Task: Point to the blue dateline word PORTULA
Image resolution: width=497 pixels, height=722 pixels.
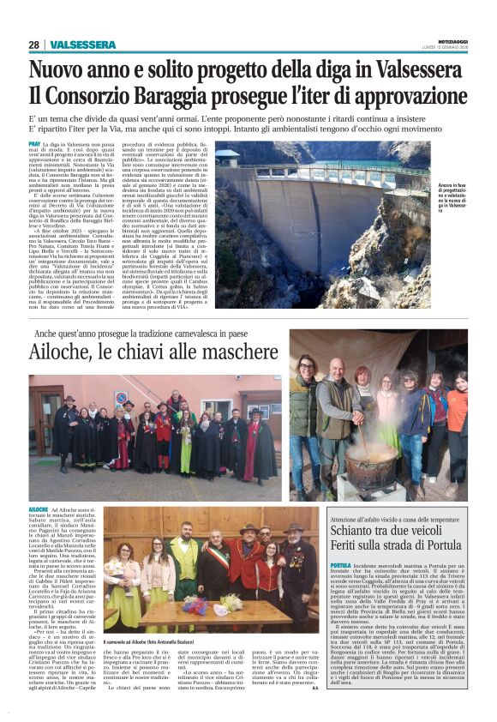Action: (x=340, y=566)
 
